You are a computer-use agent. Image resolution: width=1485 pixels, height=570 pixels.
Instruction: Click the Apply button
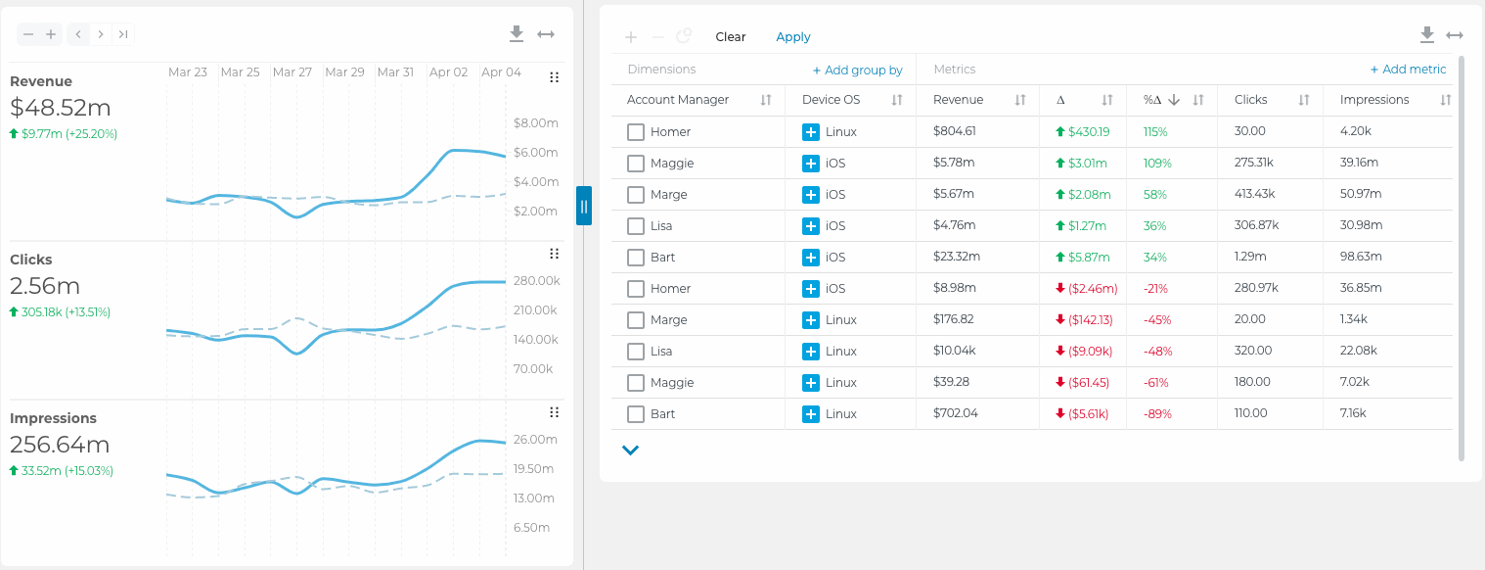[792, 37]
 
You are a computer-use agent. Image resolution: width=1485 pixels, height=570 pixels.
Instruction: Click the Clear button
[730, 37]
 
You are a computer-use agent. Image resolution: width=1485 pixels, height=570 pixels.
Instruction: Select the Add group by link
[857, 71]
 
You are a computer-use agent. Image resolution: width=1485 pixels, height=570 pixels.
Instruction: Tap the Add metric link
[1408, 70]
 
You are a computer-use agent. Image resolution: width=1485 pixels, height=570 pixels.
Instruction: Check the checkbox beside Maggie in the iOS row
[636, 164]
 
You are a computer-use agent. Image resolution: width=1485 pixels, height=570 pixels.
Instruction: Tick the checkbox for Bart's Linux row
[636, 414]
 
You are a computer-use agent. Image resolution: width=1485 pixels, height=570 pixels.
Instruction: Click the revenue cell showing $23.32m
[957, 258]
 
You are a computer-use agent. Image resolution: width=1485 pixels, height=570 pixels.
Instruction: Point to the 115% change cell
[1156, 132]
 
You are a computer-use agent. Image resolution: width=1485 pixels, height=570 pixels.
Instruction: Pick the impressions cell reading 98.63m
[1361, 258]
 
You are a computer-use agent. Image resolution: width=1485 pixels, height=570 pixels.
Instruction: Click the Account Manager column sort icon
[766, 100]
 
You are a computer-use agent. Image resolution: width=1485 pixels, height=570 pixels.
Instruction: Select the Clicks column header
[1250, 100]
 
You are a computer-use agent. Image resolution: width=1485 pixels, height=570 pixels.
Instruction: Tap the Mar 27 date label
[292, 72]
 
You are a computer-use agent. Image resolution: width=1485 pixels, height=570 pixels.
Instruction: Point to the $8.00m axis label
[535, 123]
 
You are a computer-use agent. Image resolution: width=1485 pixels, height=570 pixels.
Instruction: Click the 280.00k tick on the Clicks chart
[536, 281]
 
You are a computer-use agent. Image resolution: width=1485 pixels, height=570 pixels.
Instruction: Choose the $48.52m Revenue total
[61, 108]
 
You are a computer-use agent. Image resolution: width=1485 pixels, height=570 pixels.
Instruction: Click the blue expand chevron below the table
[630, 451]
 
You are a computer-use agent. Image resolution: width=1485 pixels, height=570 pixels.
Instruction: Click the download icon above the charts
[517, 34]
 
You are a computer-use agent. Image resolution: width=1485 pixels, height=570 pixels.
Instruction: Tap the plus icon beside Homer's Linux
[810, 132]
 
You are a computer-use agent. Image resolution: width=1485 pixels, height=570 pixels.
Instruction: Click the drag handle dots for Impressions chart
[554, 412]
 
